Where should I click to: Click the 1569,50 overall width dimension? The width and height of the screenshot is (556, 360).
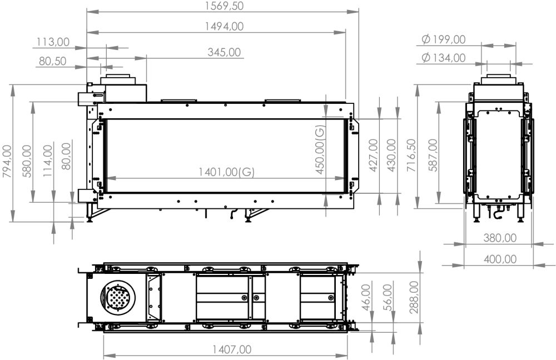pos(224,6)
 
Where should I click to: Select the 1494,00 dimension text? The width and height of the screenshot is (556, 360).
pos(224,26)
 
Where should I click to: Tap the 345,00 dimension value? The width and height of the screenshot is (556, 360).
pos(224,52)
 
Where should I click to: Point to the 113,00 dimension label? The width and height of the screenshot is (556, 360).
pos(53,42)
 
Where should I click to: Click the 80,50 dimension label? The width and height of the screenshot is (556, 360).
pos(53,61)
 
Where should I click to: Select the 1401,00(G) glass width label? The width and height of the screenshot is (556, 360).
pos(226,172)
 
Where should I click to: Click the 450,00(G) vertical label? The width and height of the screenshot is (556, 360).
pos(320,150)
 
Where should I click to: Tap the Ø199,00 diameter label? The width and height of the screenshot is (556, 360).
pos(444,39)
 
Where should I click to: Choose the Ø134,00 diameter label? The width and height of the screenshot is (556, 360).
pos(444,57)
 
